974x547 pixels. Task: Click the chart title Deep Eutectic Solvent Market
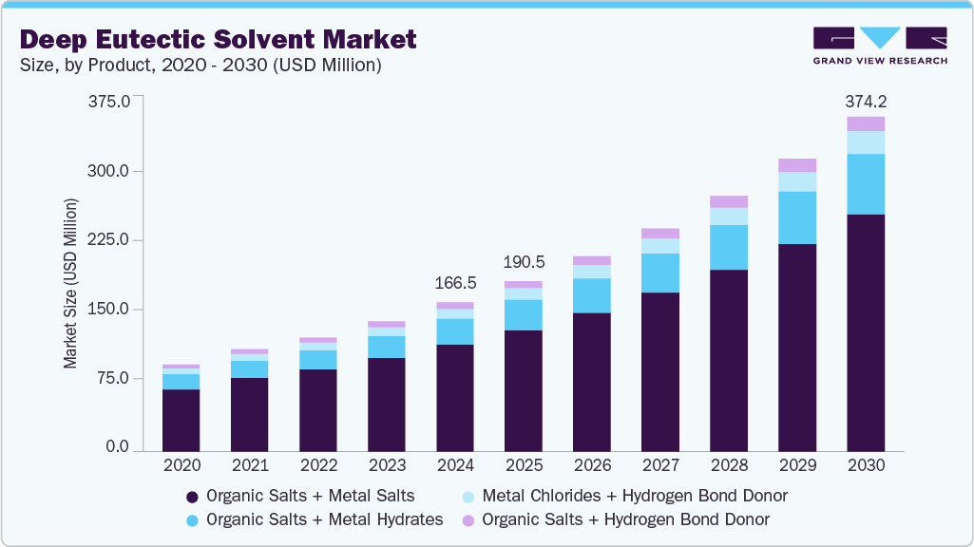tap(218, 39)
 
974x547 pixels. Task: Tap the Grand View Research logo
tap(879, 45)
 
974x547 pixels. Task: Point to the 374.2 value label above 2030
tap(866, 102)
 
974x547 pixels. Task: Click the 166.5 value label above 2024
tap(455, 283)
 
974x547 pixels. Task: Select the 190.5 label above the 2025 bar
tap(524, 262)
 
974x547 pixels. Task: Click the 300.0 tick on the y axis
tap(110, 171)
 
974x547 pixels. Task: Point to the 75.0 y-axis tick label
tap(114, 378)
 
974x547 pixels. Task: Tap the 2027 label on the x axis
tap(660, 466)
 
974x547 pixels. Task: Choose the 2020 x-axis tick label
tap(181, 466)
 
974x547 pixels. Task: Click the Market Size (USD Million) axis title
tap(70, 282)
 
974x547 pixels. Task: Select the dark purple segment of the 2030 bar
tap(866, 332)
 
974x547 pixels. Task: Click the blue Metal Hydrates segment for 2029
tap(797, 217)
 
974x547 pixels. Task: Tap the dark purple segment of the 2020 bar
tap(181, 420)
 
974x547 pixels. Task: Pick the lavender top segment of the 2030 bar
tap(866, 123)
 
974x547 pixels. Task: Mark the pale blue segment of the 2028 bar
tap(729, 217)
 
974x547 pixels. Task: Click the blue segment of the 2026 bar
tap(592, 295)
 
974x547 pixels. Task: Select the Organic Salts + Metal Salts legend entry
tap(300, 496)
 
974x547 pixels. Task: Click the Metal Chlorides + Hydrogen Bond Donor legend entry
tap(624, 496)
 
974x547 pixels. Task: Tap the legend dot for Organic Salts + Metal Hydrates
tap(192, 519)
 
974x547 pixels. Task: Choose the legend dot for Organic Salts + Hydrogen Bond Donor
tap(468, 519)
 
